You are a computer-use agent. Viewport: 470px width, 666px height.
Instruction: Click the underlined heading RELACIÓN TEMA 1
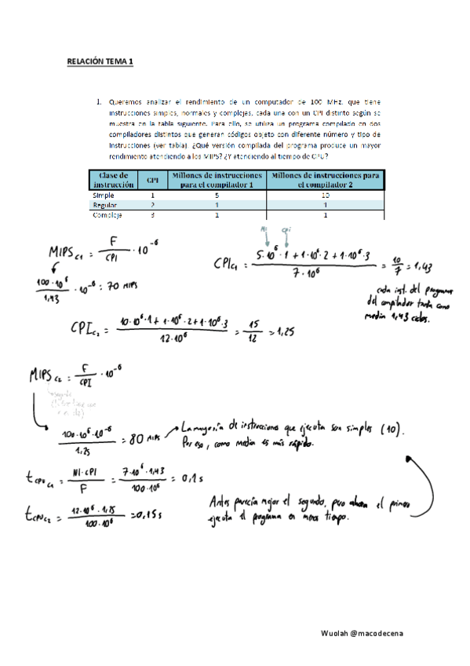[x=100, y=61]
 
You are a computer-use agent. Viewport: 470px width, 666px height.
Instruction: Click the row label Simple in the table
[x=104, y=194]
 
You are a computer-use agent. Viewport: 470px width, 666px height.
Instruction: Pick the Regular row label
[x=105, y=204]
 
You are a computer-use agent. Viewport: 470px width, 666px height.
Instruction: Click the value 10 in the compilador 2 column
[x=325, y=194]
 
